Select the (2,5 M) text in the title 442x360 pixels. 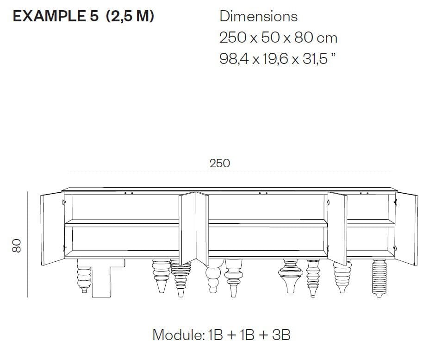[130, 16]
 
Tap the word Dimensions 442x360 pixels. [258, 16]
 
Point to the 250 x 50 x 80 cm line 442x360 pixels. [278, 38]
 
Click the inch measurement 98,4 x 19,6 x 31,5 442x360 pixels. [277, 59]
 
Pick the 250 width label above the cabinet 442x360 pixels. [219, 163]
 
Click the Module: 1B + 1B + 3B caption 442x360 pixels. [221, 334]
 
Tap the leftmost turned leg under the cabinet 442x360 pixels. [83, 276]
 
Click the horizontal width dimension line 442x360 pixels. [230, 174]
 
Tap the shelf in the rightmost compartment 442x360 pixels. [371, 223]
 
